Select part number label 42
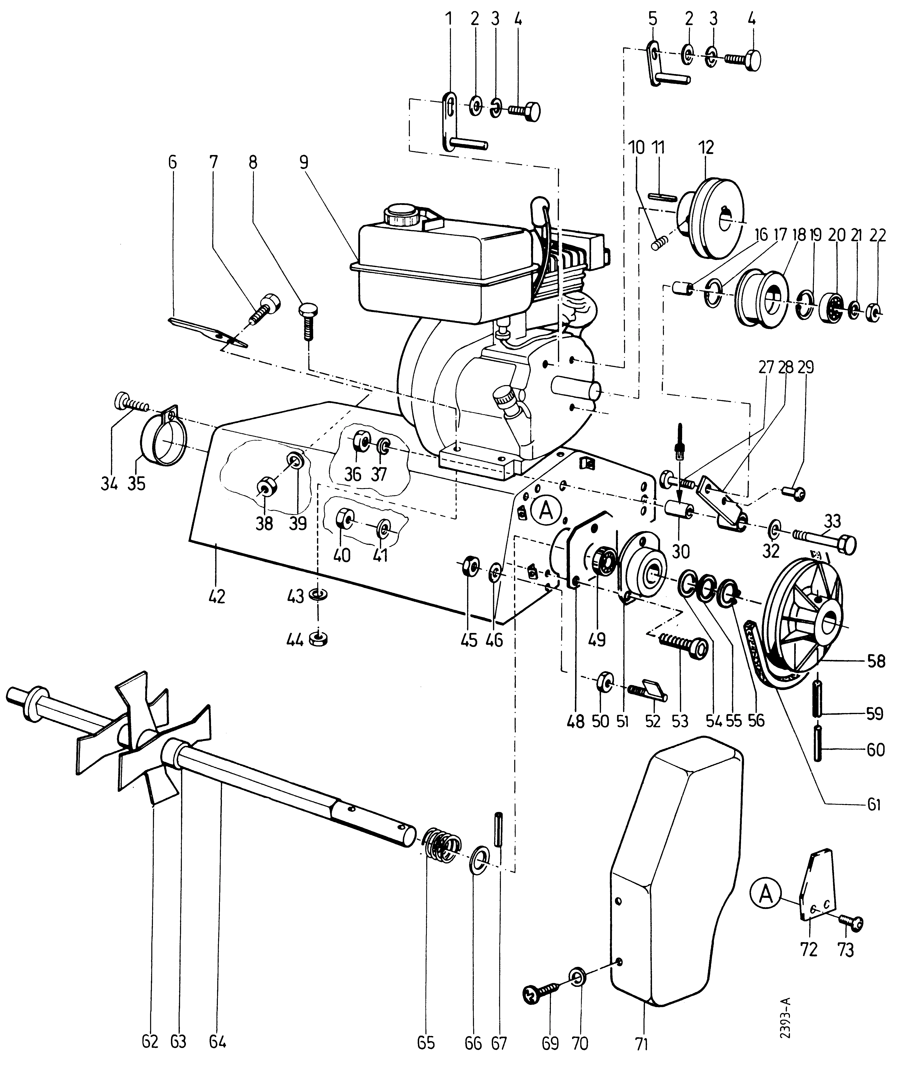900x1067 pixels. pos(217,596)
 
